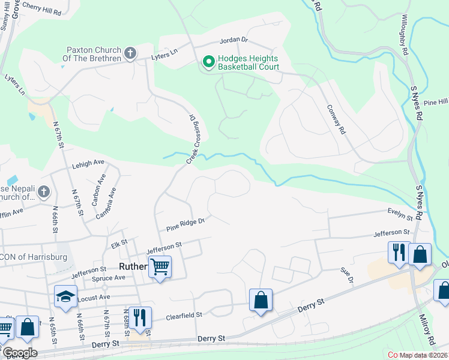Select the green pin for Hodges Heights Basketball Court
coord(209,62)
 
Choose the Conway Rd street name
coord(337,119)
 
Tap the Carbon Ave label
coord(97,190)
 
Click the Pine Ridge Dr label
coord(185,225)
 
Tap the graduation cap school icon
coord(65,296)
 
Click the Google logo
coord(19,353)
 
